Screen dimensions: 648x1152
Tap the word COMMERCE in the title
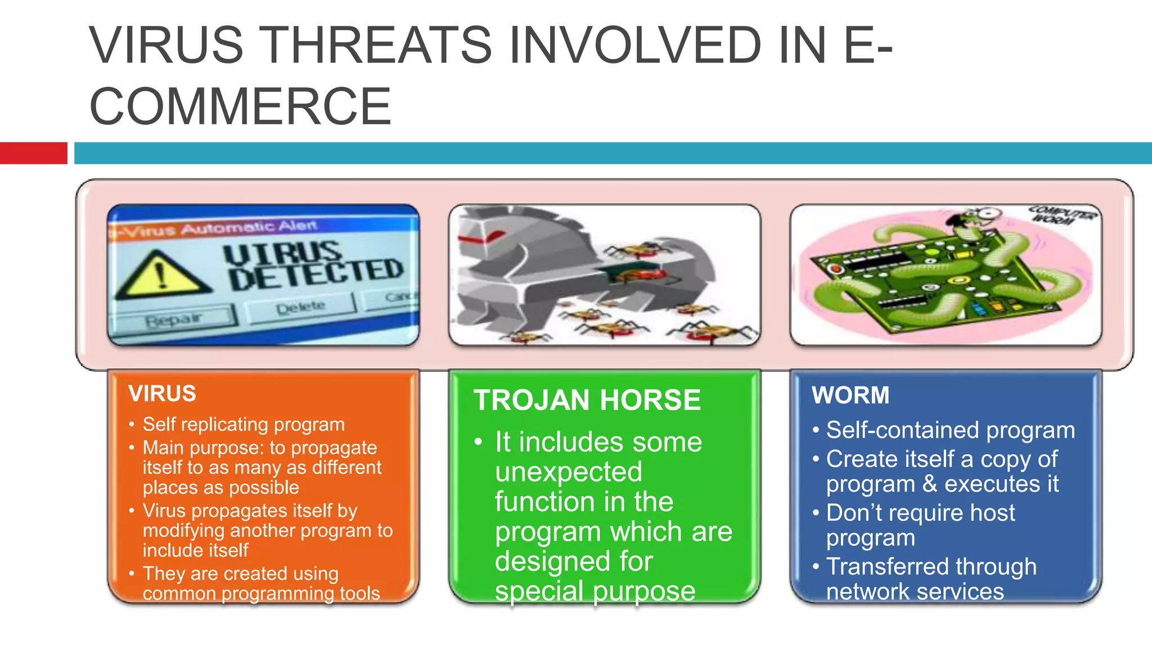pyautogui.click(x=240, y=106)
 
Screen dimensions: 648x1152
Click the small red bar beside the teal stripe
pyautogui.click(x=33, y=153)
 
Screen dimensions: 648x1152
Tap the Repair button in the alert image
pyautogui.click(x=174, y=319)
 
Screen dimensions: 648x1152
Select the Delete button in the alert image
pyautogui.click(x=300, y=307)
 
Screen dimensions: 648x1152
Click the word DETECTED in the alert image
pyautogui.click(x=316, y=274)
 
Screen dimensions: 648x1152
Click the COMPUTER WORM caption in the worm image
pyautogui.click(x=1060, y=215)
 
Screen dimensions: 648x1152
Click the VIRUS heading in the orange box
pyautogui.click(x=162, y=394)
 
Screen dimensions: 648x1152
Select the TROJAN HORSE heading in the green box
pyautogui.click(x=587, y=400)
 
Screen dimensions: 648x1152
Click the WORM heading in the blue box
pyautogui.click(x=850, y=395)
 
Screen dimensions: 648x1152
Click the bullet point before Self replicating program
pyautogui.click(x=132, y=425)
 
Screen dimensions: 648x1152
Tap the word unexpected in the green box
pyautogui.click(x=568, y=471)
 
